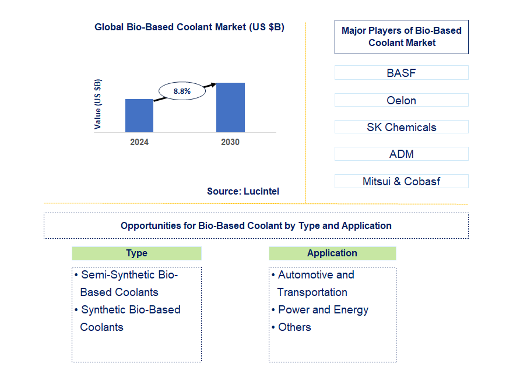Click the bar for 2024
coord(139,115)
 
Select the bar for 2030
coord(230,107)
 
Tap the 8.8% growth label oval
coord(182,91)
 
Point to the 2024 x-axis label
coord(139,142)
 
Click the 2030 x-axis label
coord(230,142)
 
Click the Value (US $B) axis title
coord(97,104)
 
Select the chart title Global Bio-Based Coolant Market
coord(189,27)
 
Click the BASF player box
coord(401,73)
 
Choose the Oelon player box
coord(401,100)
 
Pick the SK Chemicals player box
coord(401,127)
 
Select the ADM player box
coord(401,154)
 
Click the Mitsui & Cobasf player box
coord(401,181)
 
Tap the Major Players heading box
coord(401,37)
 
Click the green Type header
coord(136,253)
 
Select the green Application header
coord(332,253)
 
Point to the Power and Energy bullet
coord(323,310)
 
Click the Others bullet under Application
coord(294,327)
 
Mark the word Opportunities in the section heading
coord(149,225)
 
